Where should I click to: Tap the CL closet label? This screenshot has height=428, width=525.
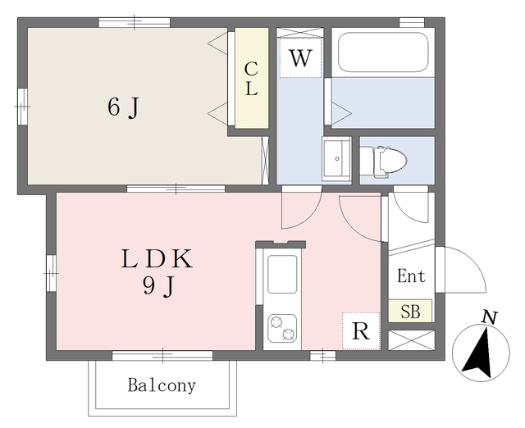coord(251,80)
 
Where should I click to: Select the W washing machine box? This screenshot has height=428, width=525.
coord(301,59)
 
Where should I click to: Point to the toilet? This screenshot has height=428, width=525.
coord(384,160)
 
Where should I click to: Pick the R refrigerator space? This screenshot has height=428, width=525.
coord(361,331)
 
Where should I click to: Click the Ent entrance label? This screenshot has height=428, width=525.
coord(411,277)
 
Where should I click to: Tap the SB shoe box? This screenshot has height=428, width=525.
coord(411,312)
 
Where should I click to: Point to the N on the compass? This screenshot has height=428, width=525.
coord(489,317)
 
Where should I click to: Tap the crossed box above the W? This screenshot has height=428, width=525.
coord(300,33)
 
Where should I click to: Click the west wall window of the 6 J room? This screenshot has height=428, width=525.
coord(22,102)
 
